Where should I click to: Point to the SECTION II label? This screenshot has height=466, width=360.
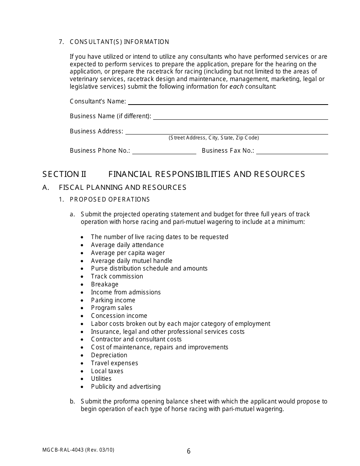pyautogui.click(x=64, y=174)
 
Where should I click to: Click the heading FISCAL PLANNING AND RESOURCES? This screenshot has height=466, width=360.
pyautogui.click(x=122, y=187)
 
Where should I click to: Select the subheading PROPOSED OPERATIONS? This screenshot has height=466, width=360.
pyautogui.click(x=110, y=199)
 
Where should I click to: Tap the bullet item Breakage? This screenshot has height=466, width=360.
pyautogui.click(x=105, y=284)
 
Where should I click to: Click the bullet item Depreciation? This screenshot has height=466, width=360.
pyautogui.click(x=109, y=355)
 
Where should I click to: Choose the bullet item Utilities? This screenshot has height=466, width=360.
pyautogui.click(x=101, y=378)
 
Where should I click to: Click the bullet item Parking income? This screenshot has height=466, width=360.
pyautogui.click(x=113, y=300)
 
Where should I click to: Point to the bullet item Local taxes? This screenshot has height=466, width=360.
pyautogui.click(x=107, y=371)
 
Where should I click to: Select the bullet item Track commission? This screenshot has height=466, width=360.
pyautogui.click(x=117, y=276)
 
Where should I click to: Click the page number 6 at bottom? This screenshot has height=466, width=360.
pyautogui.click(x=189, y=451)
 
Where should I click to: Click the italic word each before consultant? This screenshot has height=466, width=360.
pyautogui.click(x=236, y=86)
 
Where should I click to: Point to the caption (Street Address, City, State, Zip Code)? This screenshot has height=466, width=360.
pyautogui.click(x=214, y=138)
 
